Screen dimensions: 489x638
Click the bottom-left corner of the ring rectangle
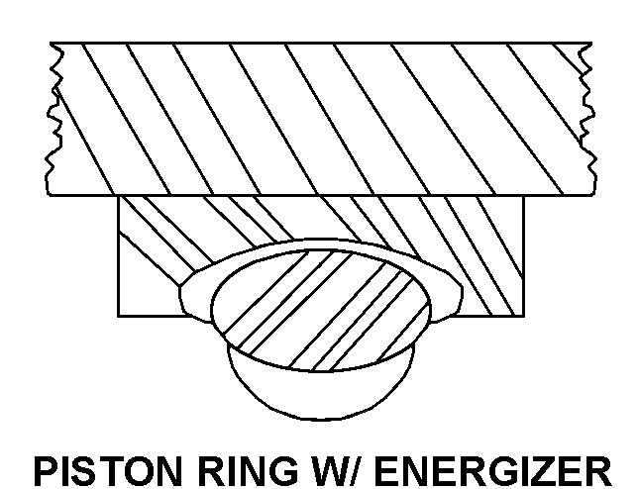point(119,316)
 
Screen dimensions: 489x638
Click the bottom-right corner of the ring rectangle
point(522,316)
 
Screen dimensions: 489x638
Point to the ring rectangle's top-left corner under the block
point(119,196)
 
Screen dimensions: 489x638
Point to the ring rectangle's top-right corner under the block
point(522,196)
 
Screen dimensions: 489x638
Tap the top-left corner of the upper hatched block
point(52,43)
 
